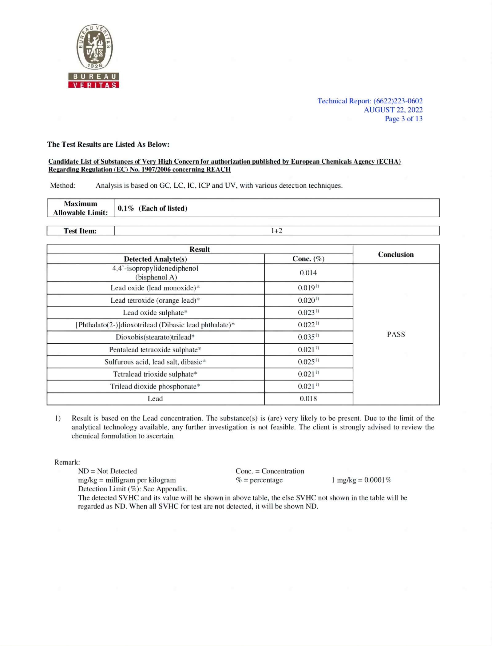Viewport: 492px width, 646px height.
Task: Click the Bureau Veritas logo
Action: [94, 56]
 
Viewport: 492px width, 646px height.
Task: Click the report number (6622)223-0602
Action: [398, 101]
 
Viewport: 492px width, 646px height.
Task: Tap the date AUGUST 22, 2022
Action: [393, 110]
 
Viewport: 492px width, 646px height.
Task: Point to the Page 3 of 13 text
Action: [403, 119]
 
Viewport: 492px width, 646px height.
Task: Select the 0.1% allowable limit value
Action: [126, 208]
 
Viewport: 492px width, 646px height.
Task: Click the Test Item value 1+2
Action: [276, 231]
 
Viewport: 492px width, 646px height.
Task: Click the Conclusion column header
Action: [396, 254]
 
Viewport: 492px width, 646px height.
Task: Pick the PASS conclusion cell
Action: [396, 334]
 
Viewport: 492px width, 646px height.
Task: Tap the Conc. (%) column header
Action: [308, 259]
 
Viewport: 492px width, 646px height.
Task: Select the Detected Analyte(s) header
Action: [155, 259]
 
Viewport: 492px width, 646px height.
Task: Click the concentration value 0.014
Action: [308, 273]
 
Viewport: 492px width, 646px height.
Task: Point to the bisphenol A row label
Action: [155, 273]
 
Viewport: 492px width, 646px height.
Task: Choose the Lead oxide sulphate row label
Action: [155, 313]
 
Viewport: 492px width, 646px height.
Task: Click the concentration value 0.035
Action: [307, 337]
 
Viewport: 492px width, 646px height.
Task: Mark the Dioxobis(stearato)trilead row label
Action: [155, 337]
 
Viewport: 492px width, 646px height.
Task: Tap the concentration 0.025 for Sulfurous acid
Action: [307, 362]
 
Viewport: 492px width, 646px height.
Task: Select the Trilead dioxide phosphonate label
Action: [155, 386]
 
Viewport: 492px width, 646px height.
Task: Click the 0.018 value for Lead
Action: [308, 399]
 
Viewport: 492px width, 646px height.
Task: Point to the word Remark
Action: [67, 462]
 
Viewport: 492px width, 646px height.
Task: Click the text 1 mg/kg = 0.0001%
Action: [361, 480]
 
